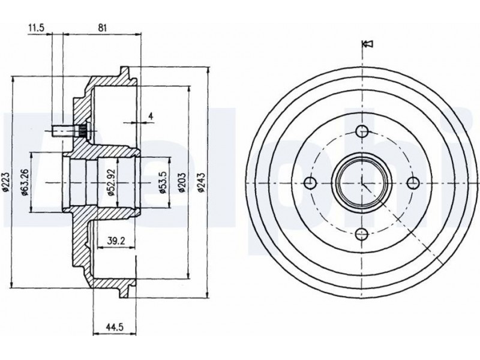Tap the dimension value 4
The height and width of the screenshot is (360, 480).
point(151,115)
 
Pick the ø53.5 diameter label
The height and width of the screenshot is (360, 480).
point(162,182)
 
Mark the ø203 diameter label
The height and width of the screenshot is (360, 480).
point(181,182)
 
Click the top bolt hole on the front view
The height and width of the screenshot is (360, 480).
point(362,131)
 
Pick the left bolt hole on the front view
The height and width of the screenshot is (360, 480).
point(310,182)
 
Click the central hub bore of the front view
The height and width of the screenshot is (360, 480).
point(362,182)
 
